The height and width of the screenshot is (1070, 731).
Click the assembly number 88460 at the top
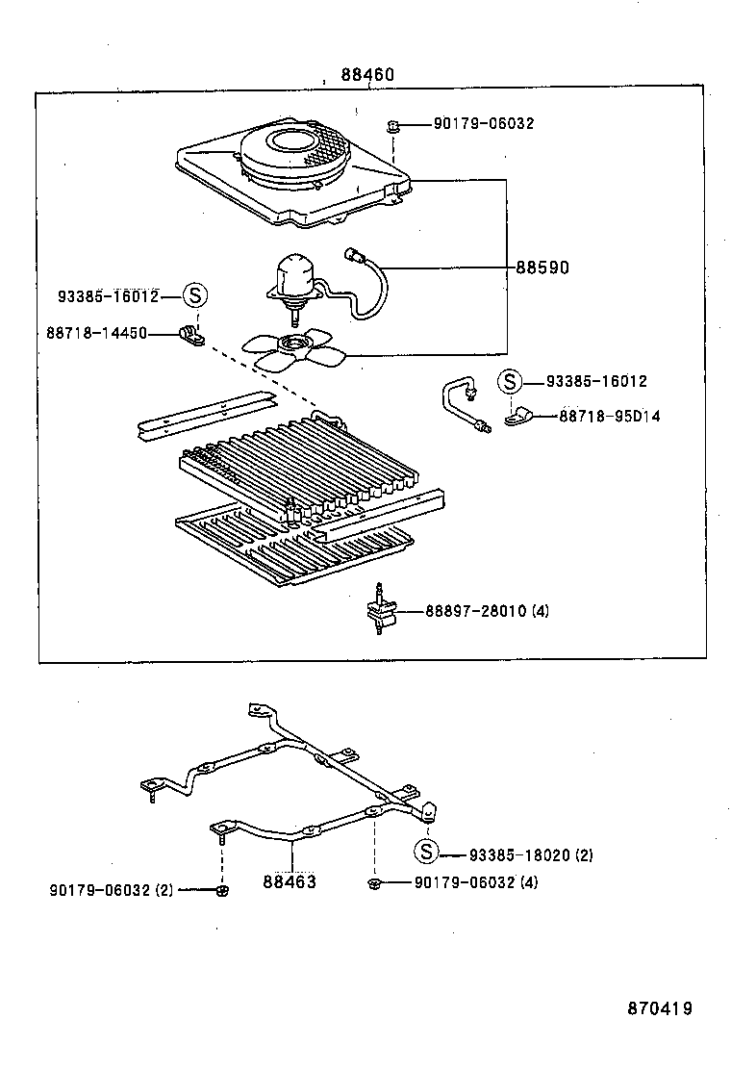click(x=365, y=75)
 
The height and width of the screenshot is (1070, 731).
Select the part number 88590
click(x=542, y=267)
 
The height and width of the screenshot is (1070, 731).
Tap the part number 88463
click(x=290, y=880)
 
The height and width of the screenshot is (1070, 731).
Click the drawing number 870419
click(x=659, y=1008)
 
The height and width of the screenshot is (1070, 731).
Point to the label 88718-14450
click(x=96, y=332)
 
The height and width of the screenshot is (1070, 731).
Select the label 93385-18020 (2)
click(x=532, y=854)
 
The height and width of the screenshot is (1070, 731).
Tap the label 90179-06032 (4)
click(x=475, y=882)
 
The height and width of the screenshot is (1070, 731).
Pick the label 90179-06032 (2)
click(x=112, y=890)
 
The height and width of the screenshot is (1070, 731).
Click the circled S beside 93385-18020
click(x=425, y=852)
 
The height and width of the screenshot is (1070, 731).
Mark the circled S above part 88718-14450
click(x=194, y=295)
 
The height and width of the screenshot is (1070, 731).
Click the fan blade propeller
click(x=292, y=349)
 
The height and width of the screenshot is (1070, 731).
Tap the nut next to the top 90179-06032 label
click(x=393, y=125)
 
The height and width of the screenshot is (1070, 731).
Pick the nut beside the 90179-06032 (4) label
click(x=372, y=882)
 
